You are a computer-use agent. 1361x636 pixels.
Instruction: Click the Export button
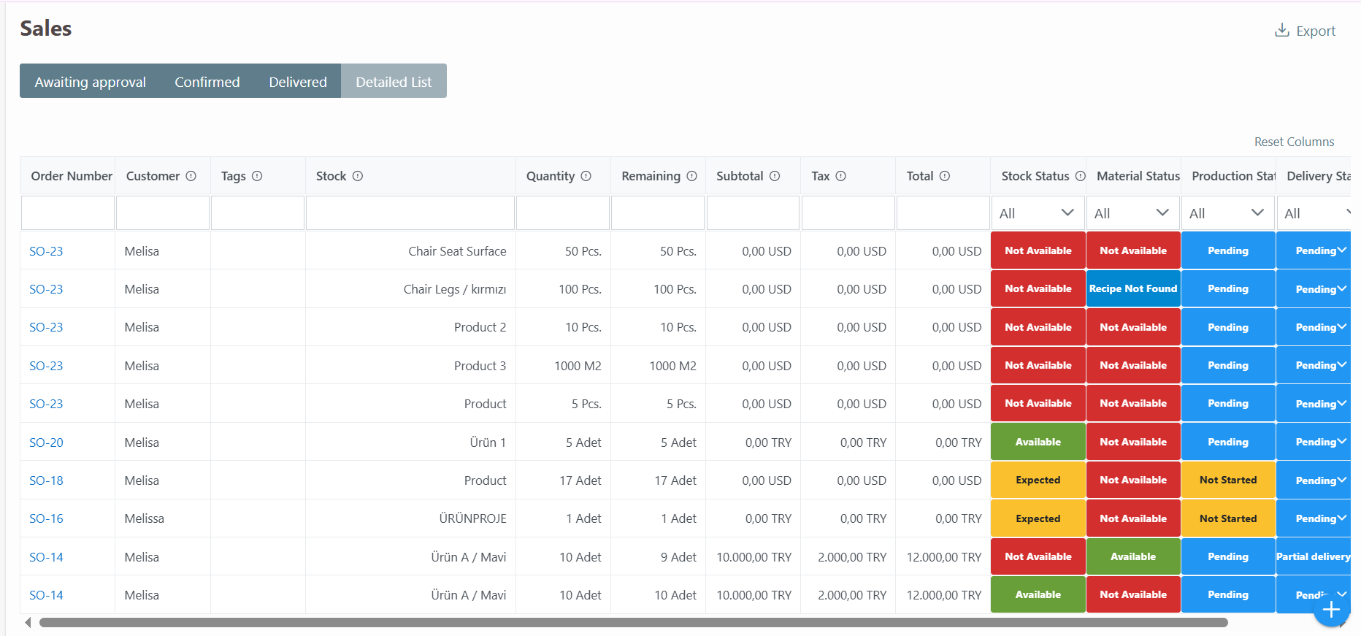tap(1305, 31)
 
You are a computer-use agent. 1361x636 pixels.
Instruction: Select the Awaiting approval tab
tap(90, 82)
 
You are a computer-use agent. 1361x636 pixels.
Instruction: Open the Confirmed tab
tap(207, 82)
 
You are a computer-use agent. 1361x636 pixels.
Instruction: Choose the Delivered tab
tap(297, 82)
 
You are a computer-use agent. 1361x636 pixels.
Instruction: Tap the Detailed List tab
tap(394, 82)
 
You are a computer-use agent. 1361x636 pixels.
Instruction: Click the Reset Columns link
tap(1294, 142)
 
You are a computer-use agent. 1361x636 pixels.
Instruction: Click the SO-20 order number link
tap(46, 442)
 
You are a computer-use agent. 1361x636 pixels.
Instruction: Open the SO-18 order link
tap(46, 480)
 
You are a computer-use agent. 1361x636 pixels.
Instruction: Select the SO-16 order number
tap(46, 518)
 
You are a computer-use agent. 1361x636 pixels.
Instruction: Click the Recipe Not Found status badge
tap(1133, 289)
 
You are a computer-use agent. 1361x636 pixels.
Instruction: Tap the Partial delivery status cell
tap(1313, 556)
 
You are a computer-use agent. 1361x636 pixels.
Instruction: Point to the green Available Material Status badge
tap(1133, 556)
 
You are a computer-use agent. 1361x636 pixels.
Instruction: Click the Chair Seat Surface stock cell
tap(457, 251)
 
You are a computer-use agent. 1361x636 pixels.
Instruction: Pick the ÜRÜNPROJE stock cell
tap(472, 518)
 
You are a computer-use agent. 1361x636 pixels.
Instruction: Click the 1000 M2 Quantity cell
tap(578, 366)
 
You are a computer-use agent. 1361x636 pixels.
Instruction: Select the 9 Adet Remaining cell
tap(678, 557)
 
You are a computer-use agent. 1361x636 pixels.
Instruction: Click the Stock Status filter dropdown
tap(1038, 213)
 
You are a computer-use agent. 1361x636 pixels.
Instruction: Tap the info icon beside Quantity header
tap(586, 176)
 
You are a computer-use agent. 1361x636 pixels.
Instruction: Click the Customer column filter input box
tap(163, 213)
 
